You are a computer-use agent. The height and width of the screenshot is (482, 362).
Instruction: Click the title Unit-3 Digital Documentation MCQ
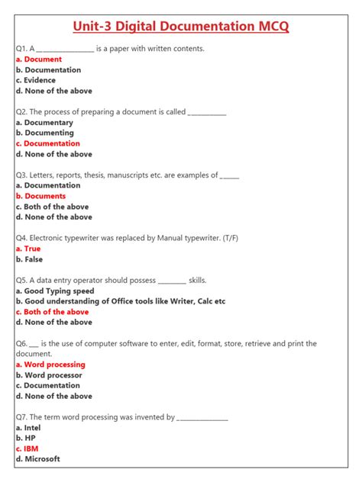pyautogui.click(x=181, y=27)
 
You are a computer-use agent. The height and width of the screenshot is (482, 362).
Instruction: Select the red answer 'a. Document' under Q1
pyautogui.click(x=39, y=59)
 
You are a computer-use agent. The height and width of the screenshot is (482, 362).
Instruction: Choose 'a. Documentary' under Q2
pyautogui.click(x=44, y=123)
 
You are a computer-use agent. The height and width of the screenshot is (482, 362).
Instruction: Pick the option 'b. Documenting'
pyautogui.click(x=44, y=133)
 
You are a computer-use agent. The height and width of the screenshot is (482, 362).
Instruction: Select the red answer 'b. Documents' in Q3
pyautogui.click(x=40, y=196)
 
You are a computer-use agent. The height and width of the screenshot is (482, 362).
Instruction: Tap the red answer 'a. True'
pyautogui.click(x=28, y=249)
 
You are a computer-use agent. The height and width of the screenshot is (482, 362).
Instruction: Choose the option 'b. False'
pyautogui.click(x=29, y=259)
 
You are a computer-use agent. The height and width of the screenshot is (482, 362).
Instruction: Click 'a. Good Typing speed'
pyautogui.click(x=55, y=291)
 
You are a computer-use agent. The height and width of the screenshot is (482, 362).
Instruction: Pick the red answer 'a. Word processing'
pyautogui.click(x=50, y=365)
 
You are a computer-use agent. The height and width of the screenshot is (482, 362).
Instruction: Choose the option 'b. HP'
pyautogui.click(x=24, y=439)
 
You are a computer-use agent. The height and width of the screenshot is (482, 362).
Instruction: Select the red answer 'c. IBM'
pyautogui.click(x=27, y=449)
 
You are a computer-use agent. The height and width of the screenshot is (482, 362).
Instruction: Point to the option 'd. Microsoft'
pyautogui.click(x=37, y=459)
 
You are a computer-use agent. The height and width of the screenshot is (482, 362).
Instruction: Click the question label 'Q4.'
pyautogui.click(x=21, y=238)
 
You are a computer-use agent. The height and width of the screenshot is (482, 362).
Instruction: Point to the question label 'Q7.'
pyautogui.click(x=21, y=417)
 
